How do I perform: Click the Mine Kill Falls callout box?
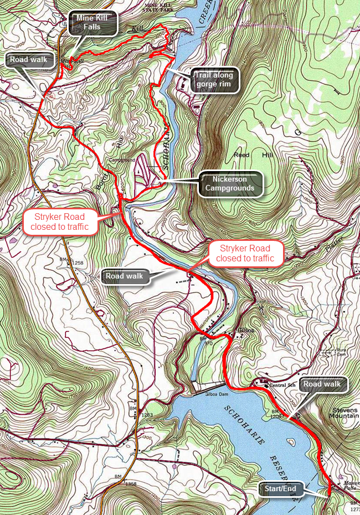(x=95, y=24)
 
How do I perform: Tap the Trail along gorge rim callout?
(x=214, y=80)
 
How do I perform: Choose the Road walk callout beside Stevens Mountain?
(x=323, y=384)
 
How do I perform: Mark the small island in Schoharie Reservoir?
(x=290, y=442)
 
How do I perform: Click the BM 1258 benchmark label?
(x=71, y=262)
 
